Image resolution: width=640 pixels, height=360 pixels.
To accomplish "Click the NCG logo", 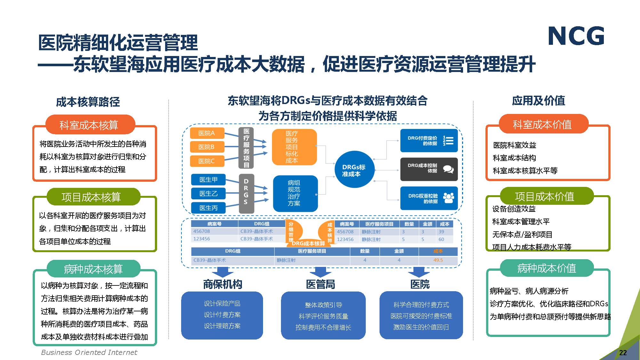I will coord(576,36).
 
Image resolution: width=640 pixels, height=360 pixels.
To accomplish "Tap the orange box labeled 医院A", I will coord(207,133).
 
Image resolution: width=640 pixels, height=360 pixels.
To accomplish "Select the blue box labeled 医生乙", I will coord(208,194).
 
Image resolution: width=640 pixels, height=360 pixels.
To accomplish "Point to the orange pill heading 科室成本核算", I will coord(89,125).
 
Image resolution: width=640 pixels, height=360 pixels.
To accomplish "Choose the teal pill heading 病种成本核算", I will coord(93,269).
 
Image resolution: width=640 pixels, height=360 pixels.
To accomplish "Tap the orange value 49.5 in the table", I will coord(438,260).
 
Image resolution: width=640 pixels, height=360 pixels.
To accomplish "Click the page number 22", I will coord(623,353).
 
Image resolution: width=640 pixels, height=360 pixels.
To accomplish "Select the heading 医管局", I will coord(321,284).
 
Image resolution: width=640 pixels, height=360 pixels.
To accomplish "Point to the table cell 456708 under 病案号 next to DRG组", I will coord(202,231).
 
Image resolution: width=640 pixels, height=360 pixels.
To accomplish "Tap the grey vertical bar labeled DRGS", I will coord(246,193).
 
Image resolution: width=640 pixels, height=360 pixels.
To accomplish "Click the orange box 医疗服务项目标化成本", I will coord(293,147).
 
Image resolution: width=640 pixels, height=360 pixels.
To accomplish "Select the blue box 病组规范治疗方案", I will coord(295,193).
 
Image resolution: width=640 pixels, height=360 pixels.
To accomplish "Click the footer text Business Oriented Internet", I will coord(89,352).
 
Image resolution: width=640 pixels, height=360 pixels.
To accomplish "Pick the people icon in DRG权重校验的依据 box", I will coord(448,198).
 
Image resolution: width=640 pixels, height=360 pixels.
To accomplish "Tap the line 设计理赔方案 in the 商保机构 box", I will coord(222,326).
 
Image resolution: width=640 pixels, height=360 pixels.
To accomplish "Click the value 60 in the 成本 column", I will coord(441,239).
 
